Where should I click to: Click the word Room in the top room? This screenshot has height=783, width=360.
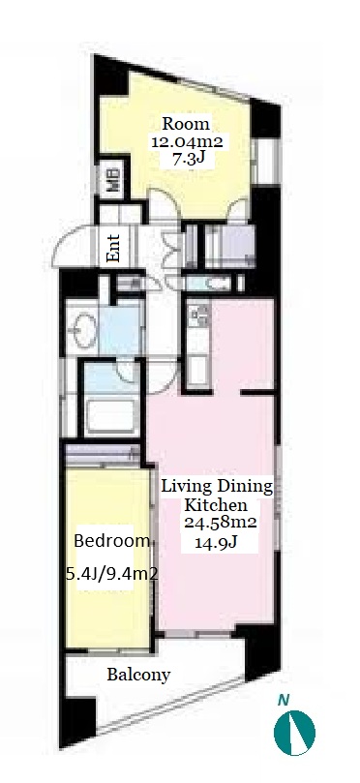point(186,123)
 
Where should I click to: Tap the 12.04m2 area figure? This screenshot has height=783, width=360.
point(187,142)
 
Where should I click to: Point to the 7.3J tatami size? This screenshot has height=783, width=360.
point(186,160)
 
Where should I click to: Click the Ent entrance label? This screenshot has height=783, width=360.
point(114,248)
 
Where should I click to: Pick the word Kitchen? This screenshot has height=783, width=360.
point(216,505)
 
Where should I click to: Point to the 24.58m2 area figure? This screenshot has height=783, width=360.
point(220,523)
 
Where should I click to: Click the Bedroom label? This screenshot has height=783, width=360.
point(112,541)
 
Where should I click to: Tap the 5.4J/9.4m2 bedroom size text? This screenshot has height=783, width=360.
point(112,574)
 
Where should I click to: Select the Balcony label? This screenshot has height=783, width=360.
point(138,676)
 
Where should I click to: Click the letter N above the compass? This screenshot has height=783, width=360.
point(284,701)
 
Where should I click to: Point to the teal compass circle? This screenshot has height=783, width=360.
point(294,733)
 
